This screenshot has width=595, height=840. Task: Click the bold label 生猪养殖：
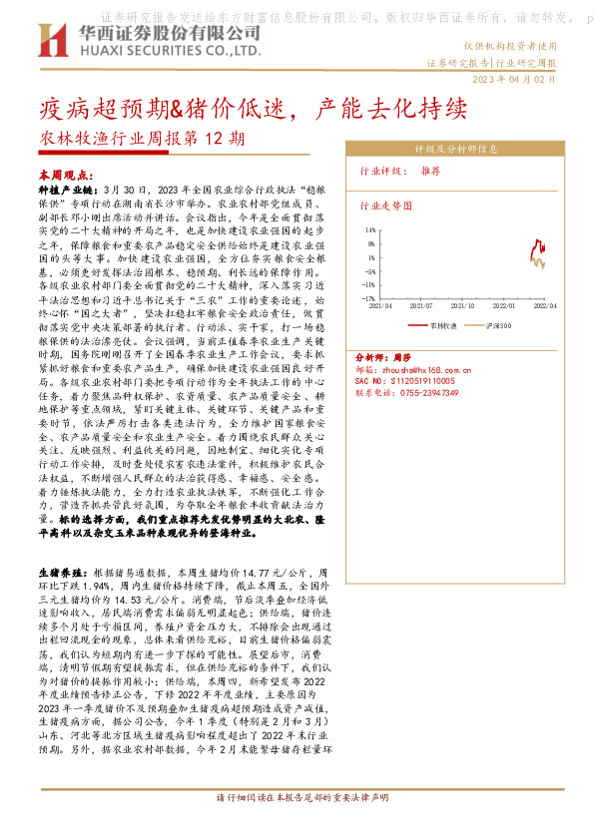point(63,575)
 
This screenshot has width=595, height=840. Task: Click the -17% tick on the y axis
point(368,297)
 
